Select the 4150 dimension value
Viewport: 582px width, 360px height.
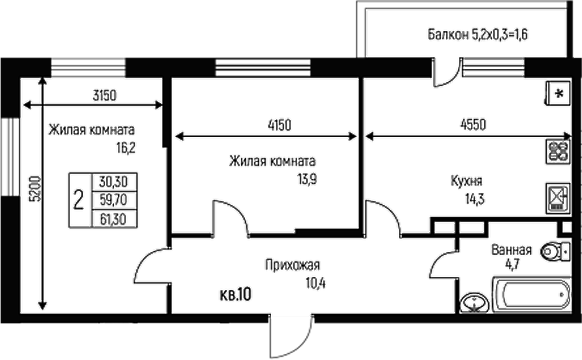(x=267, y=124)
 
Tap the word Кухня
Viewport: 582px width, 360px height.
(x=466, y=181)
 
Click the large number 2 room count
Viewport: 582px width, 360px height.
(x=79, y=200)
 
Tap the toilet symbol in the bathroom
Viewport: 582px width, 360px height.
(x=556, y=251)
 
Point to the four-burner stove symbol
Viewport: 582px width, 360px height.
(x=558, y=151)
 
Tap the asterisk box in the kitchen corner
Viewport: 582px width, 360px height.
(x=558, y=94)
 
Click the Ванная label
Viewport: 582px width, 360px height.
(x=511, y=251)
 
